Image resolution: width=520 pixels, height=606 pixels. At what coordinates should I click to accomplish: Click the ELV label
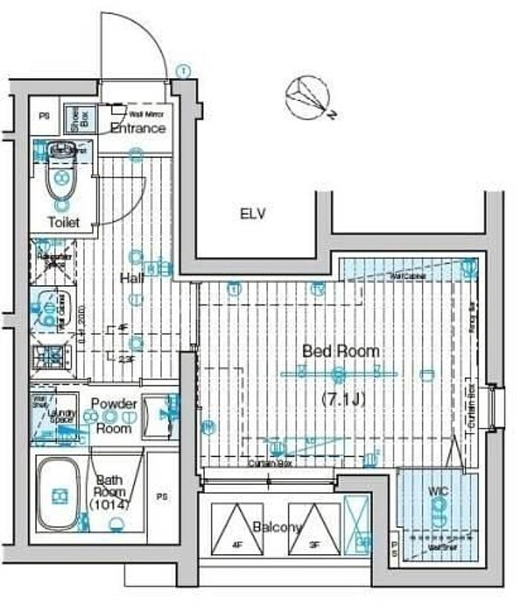pos(253,215)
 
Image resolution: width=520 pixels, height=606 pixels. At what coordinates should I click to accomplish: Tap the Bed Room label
pos(339,351)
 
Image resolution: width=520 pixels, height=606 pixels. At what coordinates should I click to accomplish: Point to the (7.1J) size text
pos(339,400)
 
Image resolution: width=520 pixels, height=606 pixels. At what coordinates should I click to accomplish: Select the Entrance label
pos(137,128)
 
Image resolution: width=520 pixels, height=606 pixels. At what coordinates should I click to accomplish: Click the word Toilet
pos(62,222)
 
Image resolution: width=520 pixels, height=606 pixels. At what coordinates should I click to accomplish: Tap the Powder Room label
pos(114,416)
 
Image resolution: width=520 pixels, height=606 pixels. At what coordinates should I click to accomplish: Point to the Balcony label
pos(276,527)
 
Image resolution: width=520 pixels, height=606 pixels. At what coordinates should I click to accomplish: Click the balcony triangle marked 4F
pos(237,527)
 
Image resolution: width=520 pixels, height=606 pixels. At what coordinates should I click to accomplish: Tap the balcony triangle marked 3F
pos(314,527)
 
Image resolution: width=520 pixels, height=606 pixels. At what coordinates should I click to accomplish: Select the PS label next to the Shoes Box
pos(44,117)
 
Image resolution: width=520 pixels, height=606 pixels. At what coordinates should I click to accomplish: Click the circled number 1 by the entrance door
pos(183,71)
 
